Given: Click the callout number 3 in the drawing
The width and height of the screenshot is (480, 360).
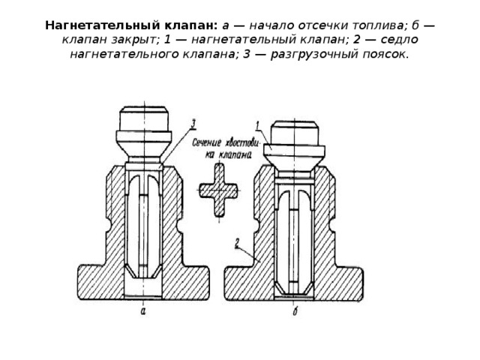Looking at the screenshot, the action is click(193, 124).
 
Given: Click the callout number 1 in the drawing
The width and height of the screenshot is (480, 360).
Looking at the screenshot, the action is click(258, 125).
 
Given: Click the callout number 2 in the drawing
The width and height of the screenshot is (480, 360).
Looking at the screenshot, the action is click(237, 243).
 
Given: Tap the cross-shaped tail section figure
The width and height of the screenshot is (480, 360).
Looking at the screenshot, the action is click(218, 190).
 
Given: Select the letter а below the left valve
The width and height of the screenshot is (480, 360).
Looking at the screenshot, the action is click(143, 312).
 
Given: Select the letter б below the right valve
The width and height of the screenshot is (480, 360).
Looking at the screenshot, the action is click(295, 311).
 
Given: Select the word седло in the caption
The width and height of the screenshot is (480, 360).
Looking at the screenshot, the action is click(398, 40).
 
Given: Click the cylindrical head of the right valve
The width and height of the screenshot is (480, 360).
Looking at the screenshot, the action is click(295, 133).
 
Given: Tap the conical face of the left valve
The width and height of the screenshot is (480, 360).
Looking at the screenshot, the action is click(144, 149).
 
